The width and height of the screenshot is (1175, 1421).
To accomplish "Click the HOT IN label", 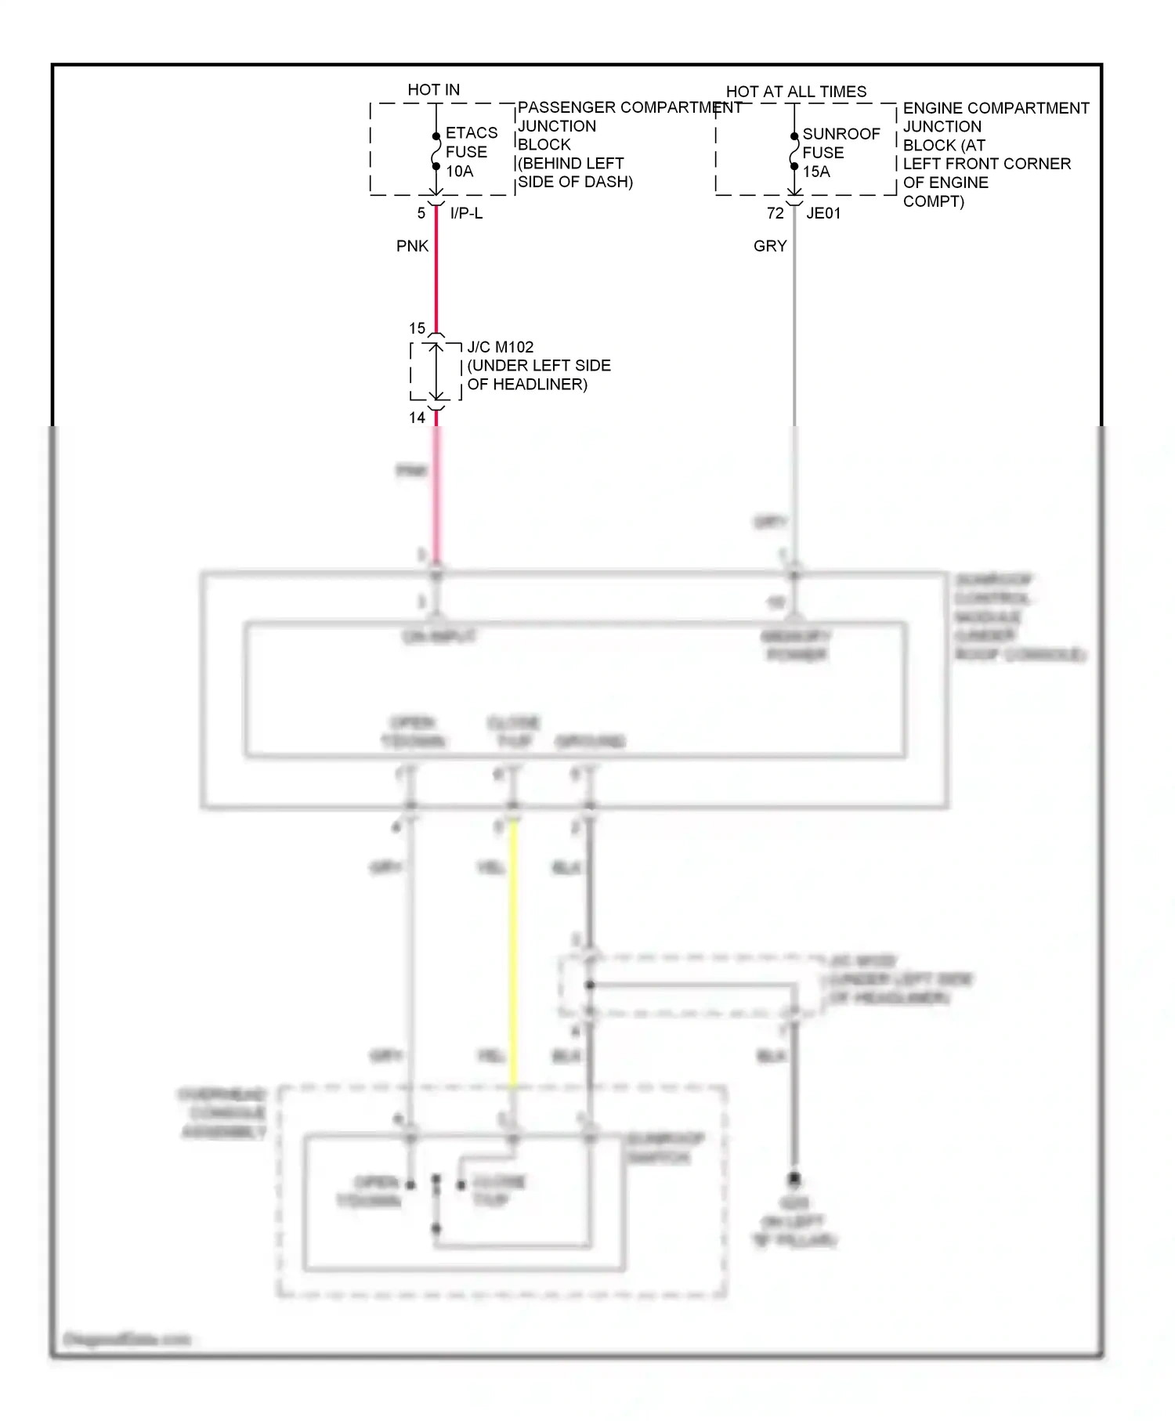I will pos(433,90).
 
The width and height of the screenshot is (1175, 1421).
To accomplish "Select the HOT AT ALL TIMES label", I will pos(796,92).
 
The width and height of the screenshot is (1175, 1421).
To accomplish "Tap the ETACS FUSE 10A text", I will pos(471,152).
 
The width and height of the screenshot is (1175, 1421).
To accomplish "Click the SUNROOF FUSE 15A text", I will pos(841,153).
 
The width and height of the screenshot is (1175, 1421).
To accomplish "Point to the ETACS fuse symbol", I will pos(436,151).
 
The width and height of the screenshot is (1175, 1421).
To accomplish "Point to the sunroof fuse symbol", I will pos(794,151).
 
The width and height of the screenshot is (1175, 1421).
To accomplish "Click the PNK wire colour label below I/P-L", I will pos(412,246).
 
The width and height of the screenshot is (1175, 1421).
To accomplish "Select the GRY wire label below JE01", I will pos(769,246).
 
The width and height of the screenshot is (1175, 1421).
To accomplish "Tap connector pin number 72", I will pos(775,213).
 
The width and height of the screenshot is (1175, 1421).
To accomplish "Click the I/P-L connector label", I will pos(466,213).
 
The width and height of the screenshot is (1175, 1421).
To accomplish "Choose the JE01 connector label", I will pos(823,213).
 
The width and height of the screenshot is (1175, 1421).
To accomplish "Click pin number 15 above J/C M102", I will pos(417,328).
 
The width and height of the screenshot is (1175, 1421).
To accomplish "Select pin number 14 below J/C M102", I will pos(417,418).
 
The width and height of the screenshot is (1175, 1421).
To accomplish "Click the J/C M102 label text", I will pos(500,347).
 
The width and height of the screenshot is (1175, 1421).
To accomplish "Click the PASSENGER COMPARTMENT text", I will pos(629,107).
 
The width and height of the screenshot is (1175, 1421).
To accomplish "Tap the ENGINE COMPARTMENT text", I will pos(996,108).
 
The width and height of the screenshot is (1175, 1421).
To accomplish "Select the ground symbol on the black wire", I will pos(794,1179).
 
